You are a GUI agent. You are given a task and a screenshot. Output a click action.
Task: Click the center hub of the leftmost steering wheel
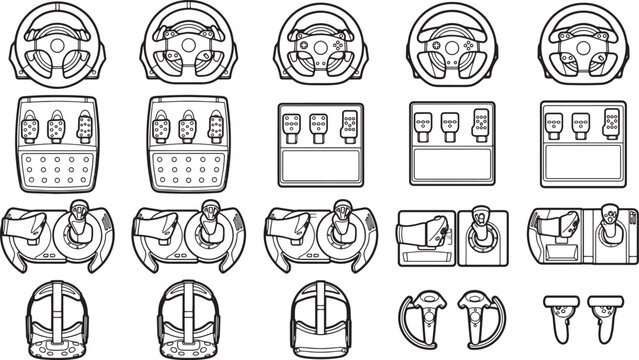[59, 45]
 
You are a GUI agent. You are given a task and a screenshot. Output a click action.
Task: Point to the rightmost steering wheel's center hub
[578, 45]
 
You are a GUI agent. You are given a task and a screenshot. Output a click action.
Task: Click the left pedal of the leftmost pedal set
[31, 128]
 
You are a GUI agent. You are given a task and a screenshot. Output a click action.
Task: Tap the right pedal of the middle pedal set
[346, 125]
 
